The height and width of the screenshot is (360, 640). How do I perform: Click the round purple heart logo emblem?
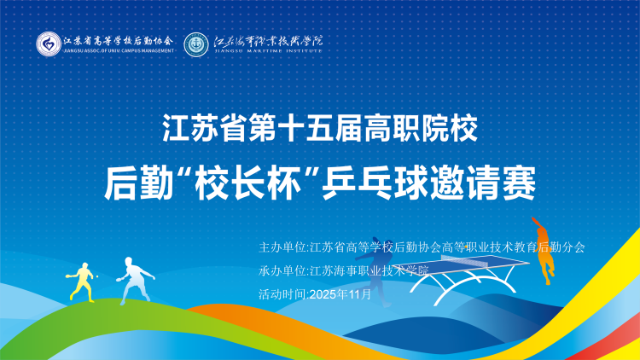49,44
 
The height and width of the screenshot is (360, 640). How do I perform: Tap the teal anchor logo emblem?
196,44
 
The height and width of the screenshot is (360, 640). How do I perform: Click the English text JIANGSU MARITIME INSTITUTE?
268,51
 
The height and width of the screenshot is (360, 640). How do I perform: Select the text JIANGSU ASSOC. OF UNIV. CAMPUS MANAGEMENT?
119,51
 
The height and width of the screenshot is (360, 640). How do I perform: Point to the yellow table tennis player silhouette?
82,282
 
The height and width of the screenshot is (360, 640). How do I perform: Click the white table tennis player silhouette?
135,280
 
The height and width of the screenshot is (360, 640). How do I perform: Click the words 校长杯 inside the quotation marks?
248,183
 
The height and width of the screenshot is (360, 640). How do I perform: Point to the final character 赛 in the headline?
519,183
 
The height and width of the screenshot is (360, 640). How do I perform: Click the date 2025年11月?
340,294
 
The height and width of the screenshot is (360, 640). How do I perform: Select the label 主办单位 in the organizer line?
282,247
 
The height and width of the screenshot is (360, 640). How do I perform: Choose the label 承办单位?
282,270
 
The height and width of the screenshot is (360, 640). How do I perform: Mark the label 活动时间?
282,294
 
